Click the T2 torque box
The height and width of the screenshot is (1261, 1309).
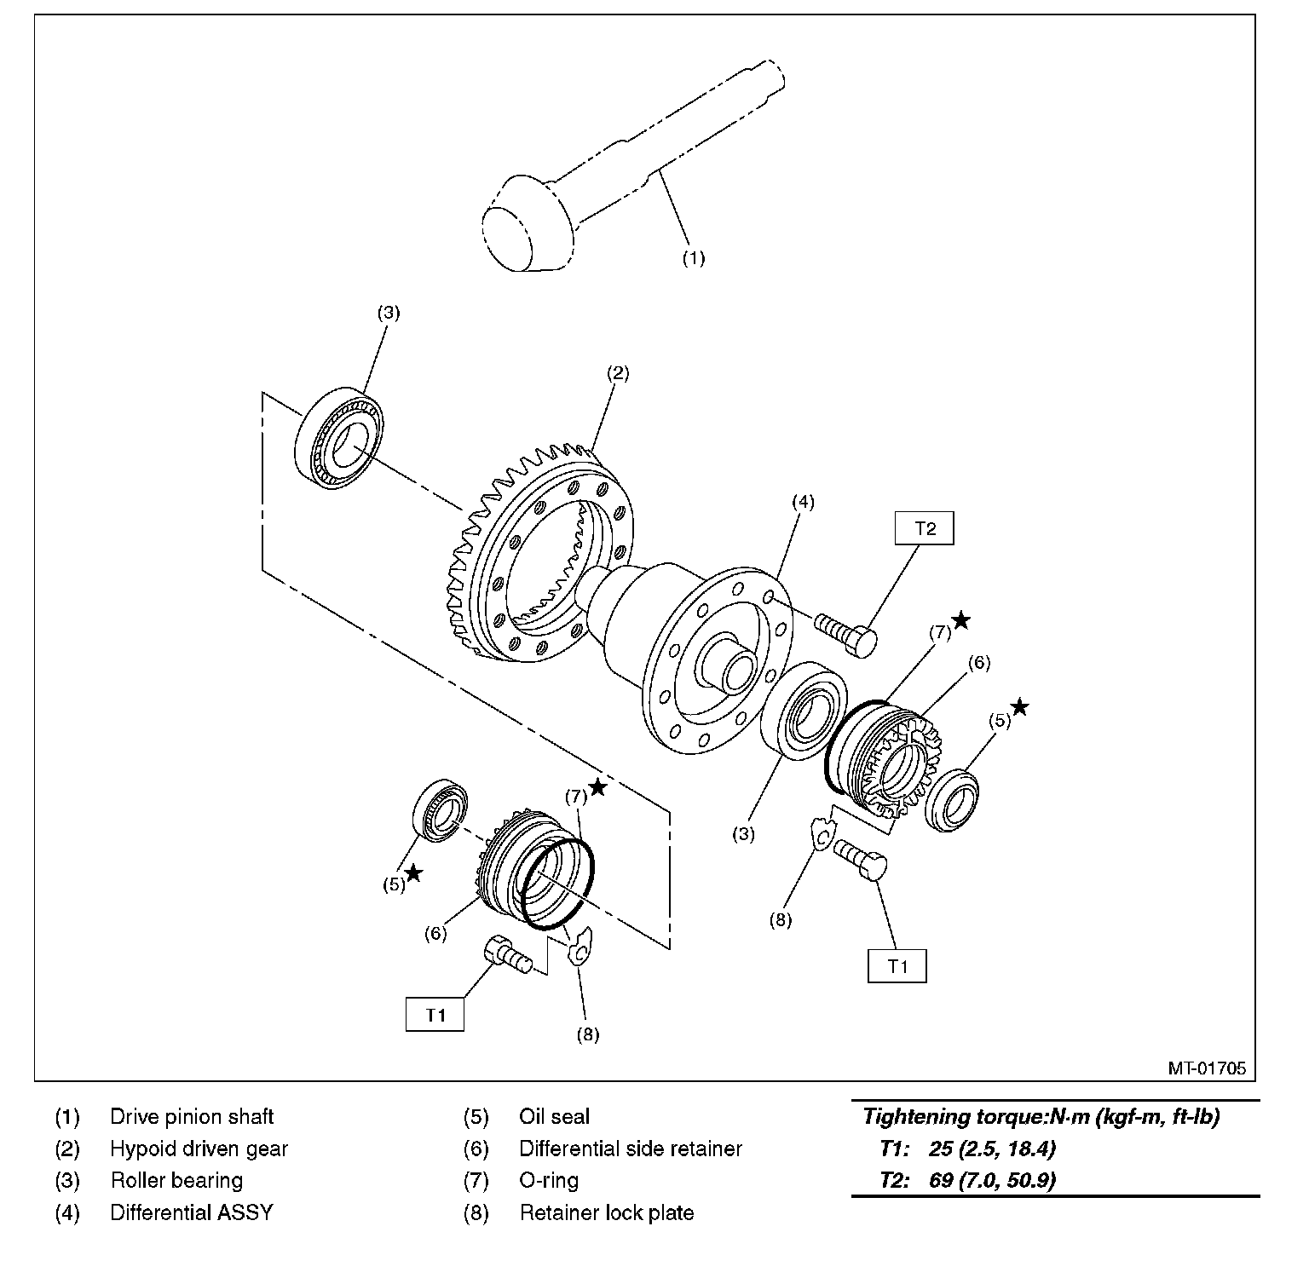coord(925,528)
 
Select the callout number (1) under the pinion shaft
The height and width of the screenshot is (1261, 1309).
coord(693,258)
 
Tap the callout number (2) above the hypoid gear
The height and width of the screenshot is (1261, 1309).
coord(617,372)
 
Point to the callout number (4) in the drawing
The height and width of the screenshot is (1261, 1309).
coord(803,502)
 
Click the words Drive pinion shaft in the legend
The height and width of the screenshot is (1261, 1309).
coord(192,1116)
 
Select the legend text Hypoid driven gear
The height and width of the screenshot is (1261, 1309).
coord(199,1149)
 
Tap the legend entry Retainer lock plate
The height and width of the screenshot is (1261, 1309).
coord(606,1212)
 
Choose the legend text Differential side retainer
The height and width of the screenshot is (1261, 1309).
coord(630,1149)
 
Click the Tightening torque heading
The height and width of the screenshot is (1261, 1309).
coord(1041,1116)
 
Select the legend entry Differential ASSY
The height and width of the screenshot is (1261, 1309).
coord(191,1212)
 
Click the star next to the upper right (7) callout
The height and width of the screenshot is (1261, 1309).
coord(960,620)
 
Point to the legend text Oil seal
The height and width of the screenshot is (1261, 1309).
coord(554,1116)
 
